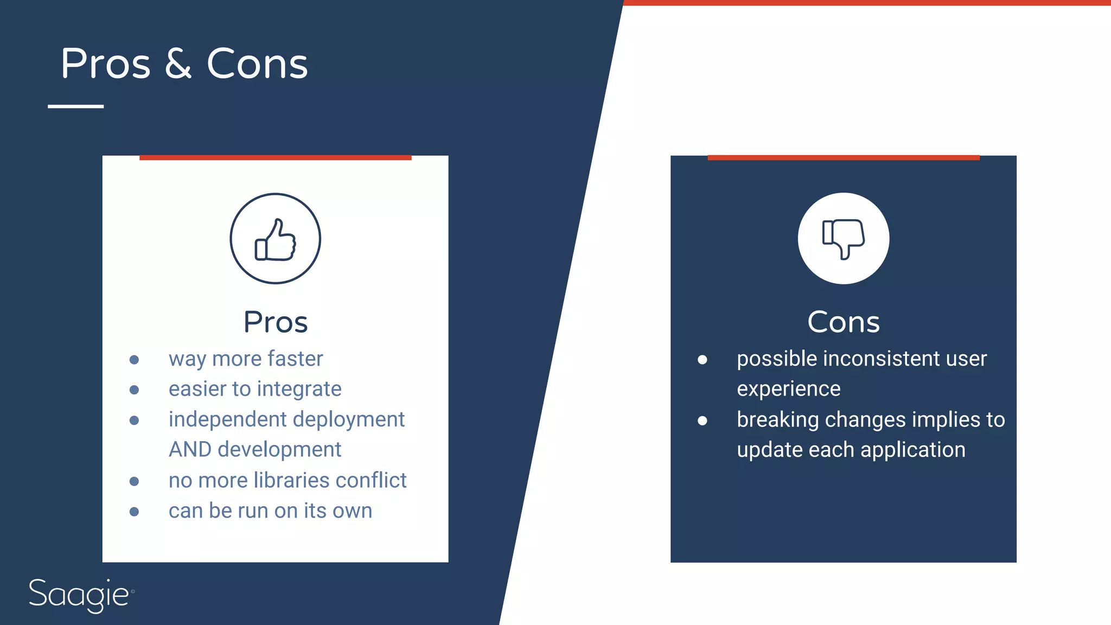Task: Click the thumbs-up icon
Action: coord(276,239)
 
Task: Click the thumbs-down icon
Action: coord(843,239)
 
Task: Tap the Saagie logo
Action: coord(80,595)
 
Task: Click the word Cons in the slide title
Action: coord(257,64)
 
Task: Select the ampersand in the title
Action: coord(178,64)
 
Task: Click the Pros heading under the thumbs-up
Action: coord(276,322)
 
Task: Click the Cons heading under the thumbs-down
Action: coord(843,322)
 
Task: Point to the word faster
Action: coord(295,359)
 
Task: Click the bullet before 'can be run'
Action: coord(135,512)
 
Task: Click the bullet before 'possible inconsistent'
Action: coord(702,360)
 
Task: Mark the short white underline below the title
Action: coord(76,106)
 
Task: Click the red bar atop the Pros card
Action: coord(276,158)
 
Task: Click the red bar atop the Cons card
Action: coord(843,158)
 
